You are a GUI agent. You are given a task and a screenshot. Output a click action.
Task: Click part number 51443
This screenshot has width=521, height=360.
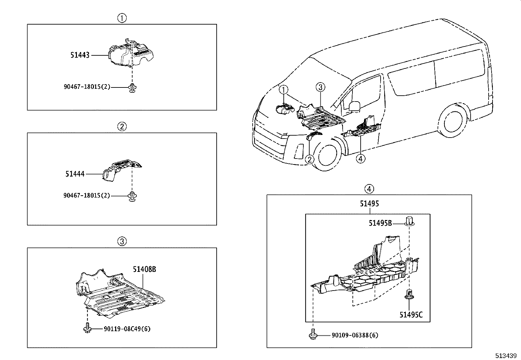[80, 55]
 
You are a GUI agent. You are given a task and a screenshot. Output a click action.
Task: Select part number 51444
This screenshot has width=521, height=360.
[75, 174]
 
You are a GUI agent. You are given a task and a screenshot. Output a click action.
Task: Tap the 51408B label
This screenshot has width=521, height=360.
[144, 269]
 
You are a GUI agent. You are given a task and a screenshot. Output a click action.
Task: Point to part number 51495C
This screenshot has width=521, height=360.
[411, 315]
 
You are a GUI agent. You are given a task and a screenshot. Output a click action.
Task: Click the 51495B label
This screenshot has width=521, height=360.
[380, 223]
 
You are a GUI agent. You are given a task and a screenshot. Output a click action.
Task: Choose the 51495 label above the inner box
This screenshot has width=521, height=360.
[369, 204]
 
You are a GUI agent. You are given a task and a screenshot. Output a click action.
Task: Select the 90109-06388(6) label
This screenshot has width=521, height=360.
[355, 335]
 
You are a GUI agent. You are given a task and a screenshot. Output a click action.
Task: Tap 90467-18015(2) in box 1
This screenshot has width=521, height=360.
[87, 87]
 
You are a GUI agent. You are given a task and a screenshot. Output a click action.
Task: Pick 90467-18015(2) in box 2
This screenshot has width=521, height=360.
[87, 196]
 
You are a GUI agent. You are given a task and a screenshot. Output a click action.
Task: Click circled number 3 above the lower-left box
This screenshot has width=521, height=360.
[122, 242]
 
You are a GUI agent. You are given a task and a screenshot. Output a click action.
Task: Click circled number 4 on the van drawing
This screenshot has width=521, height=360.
[360, 159]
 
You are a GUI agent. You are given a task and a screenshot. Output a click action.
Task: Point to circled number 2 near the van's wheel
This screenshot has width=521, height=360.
[310, 160]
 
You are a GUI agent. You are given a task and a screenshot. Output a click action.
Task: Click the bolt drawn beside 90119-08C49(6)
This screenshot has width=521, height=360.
[87, 328]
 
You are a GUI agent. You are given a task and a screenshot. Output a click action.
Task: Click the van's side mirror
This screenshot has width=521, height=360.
[354, 106]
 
